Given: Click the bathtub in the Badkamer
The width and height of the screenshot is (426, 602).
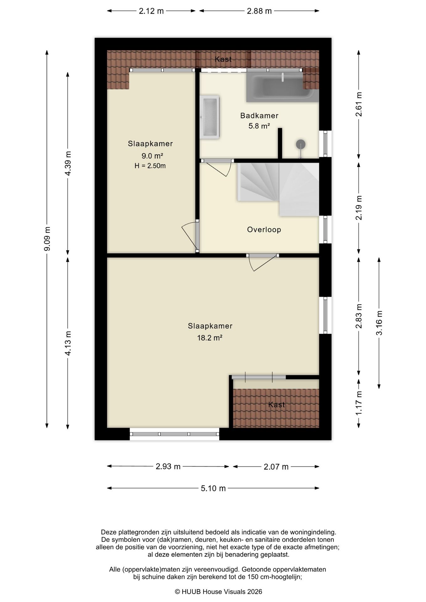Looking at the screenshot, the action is tap(282, 86).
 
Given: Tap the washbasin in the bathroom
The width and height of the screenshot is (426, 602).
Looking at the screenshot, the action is tap(210, 117).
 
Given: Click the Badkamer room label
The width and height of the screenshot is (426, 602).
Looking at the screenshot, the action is tap(259, 116).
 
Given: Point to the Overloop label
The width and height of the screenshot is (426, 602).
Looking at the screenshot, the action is tap(264, 230).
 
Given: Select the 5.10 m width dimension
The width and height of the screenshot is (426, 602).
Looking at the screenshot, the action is tap(213, 488).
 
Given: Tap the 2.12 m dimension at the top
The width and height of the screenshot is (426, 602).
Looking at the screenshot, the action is tap(151, 11).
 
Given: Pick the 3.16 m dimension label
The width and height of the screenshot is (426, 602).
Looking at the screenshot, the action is tap(379, 323).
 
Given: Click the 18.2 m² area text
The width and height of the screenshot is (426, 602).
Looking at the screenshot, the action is tap(210, 338).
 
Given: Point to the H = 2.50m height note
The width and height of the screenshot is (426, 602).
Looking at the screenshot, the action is tap(150, 166).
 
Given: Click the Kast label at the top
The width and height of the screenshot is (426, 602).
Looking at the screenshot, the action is tap(223, 59).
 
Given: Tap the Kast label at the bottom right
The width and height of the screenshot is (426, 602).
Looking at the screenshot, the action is tap(276, 404).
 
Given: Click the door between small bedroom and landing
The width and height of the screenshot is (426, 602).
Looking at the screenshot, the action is tap(191, 236).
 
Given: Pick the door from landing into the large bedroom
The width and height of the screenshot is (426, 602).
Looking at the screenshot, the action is tap(262, 262).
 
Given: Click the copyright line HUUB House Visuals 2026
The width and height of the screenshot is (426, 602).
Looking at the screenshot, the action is tap(218, 591).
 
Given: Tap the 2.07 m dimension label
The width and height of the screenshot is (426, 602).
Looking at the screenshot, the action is tap(276, 467).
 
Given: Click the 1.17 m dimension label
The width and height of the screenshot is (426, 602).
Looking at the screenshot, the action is tap(359, 404).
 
